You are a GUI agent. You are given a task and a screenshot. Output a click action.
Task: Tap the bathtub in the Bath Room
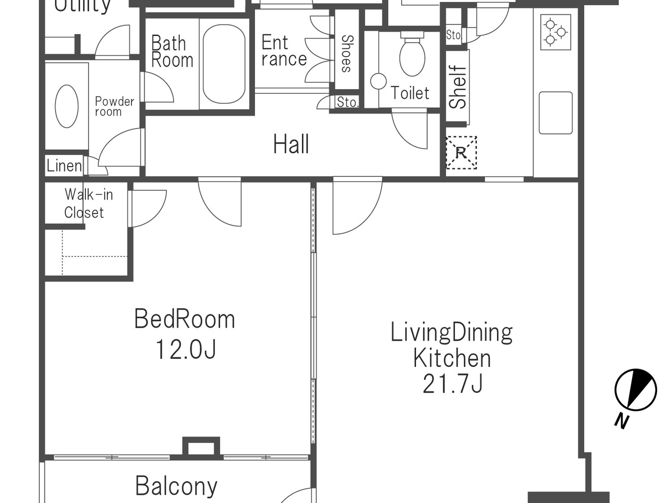click(224, 64)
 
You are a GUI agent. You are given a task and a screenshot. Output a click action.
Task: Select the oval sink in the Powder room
click(67, 106)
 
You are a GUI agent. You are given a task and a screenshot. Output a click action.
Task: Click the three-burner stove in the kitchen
click(555, 32)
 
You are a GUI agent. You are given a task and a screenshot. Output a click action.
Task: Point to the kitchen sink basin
click(555, 113)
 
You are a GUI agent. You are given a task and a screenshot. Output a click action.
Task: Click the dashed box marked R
click(461, 153)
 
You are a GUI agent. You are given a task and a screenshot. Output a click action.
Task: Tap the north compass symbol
click(635, 390)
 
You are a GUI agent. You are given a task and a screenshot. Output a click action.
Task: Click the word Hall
click(291, 144)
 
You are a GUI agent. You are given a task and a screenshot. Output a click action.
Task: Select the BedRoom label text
click(185, 319)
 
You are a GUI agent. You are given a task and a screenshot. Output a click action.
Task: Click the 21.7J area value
click(452, 384)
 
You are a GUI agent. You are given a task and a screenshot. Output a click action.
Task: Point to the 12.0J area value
click(185, 349)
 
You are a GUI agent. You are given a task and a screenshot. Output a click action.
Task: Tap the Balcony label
click(176, 486)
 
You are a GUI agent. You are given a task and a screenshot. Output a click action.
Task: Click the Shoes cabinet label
click(347, 54)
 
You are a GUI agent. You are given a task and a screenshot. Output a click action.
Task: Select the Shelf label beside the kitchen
click(458, 87)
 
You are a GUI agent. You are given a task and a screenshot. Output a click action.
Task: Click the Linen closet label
click(64, 166)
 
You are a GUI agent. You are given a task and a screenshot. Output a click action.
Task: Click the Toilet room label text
click(410, 93)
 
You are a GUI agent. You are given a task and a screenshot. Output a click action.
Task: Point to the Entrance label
click(284, 51)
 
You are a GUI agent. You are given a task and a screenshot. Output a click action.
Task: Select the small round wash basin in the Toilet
click(378, 81)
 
